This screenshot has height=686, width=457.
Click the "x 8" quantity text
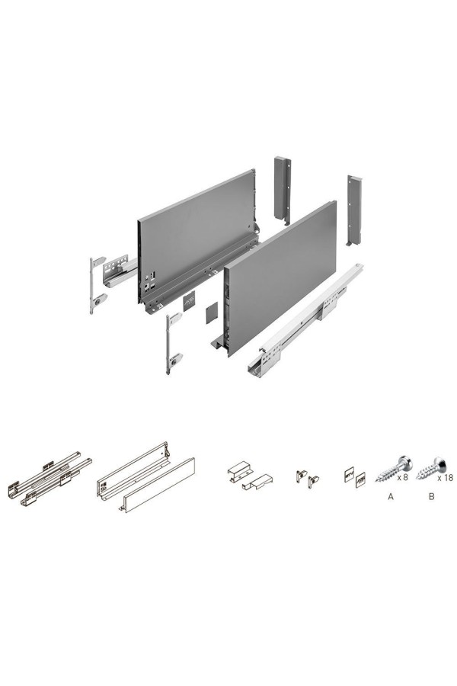pyautogui.click(x=402, y=477)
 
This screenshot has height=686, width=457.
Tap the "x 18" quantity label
pyautogui.click(x=445, y=478)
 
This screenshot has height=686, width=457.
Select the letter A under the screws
pyautogui.click(x=391, y=496)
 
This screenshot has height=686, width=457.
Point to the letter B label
pyautogui.click(x=432, y=496)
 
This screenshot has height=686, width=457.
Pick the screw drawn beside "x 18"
pyautogui.click(x=431, y=468)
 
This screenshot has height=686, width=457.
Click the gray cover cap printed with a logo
pyautogui.click(x=190, y=302)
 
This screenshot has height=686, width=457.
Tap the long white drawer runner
pyautogui.click(x=305, y=321)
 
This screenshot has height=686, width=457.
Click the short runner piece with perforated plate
pyautogui.click(x=119, y=270)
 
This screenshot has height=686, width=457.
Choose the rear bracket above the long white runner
pyautogui.click(x=354, y=210)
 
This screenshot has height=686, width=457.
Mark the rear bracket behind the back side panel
pyautogui.click(x=283, y=191)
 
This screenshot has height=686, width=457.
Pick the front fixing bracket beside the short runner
pyautogui.click(x=97, y=285)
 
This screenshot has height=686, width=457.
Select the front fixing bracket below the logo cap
pyautogui.click(x=173, y=344)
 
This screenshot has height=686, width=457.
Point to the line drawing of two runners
pyautogui.click(x=50, y=479)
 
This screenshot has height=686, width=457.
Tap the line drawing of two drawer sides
pyautogui.click(x=145, y=477)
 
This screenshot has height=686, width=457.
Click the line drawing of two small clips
pyautogui.click(x=308, y=479)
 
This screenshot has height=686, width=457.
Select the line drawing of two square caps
pyautogui.click(x=355, y=477)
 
